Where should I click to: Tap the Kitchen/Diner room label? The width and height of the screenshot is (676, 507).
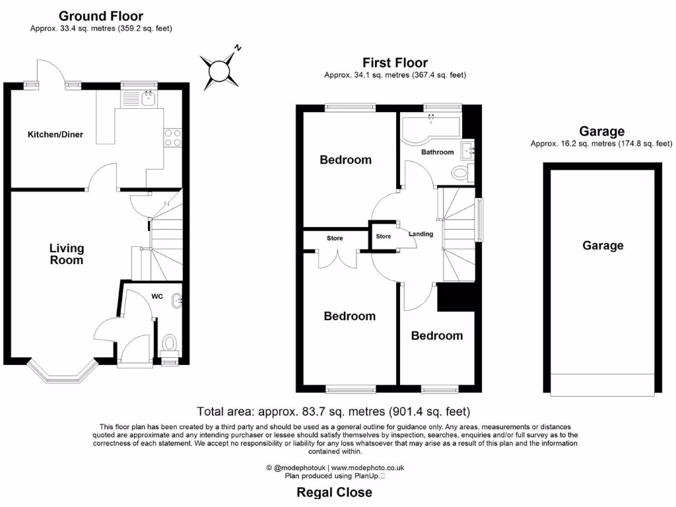coord(55,135)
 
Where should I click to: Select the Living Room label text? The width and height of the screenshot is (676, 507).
coord(67,254)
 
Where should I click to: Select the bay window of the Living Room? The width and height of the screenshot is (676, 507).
coord(63,372)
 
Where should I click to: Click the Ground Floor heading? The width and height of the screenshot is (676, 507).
coord(100,16)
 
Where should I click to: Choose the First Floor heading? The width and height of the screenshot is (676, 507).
coord(395,63)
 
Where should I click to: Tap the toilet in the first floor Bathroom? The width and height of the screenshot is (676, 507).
coord(460,174)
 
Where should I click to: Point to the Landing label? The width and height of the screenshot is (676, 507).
coord(421,234)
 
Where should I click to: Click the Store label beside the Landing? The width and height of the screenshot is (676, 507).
coord(384,236)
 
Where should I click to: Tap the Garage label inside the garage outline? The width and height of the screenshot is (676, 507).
coord(602,246)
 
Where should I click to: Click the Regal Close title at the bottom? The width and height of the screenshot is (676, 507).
coord(334,492)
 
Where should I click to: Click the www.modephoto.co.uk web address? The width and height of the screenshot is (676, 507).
coord(372,467)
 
